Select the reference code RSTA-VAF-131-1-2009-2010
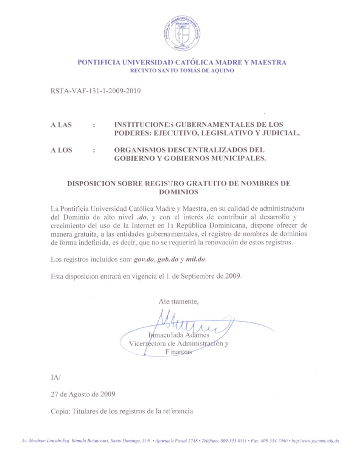pyautogui.click(x=95, y=91)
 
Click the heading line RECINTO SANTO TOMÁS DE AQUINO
pyautogui.click(x=182, y=71)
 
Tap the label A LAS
pyautogui.click(x=61, y=125)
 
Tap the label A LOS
pyautogui.click(x=61, y=150)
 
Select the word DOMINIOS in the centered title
pyautogui.click(x=179, y=192)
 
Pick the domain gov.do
pyautogui.click(x=144, y=260)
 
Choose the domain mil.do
pyautogui.click(x=195, y=260)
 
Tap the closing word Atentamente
pyautogui.click(x=178, y=302)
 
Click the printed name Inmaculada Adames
pyautogui.click(x=179, y=335)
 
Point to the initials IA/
pyautogui.click(x=56, y=377)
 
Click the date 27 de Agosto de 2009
pyautogui.click(x=83, y=394)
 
